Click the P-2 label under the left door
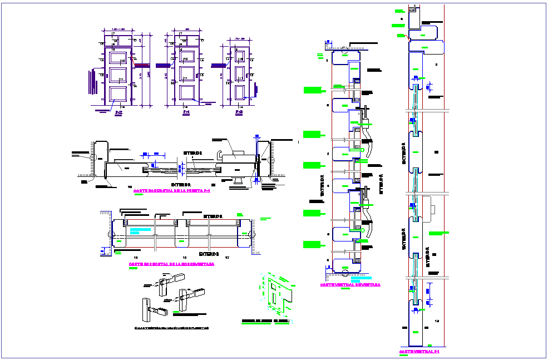[x=118, y=113]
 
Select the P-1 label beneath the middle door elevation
[x=186, y=113]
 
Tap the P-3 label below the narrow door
[x=239, y=113]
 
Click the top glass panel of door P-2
[x=117, y=57]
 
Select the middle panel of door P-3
[x=239, y=74]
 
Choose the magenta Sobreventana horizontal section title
[x=171, y=264]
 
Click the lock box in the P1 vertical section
[x=433, y=209]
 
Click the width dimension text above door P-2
[x=117, y=28]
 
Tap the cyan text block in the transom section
[x=141, y=230]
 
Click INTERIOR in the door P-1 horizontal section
[x=192, y=152]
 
